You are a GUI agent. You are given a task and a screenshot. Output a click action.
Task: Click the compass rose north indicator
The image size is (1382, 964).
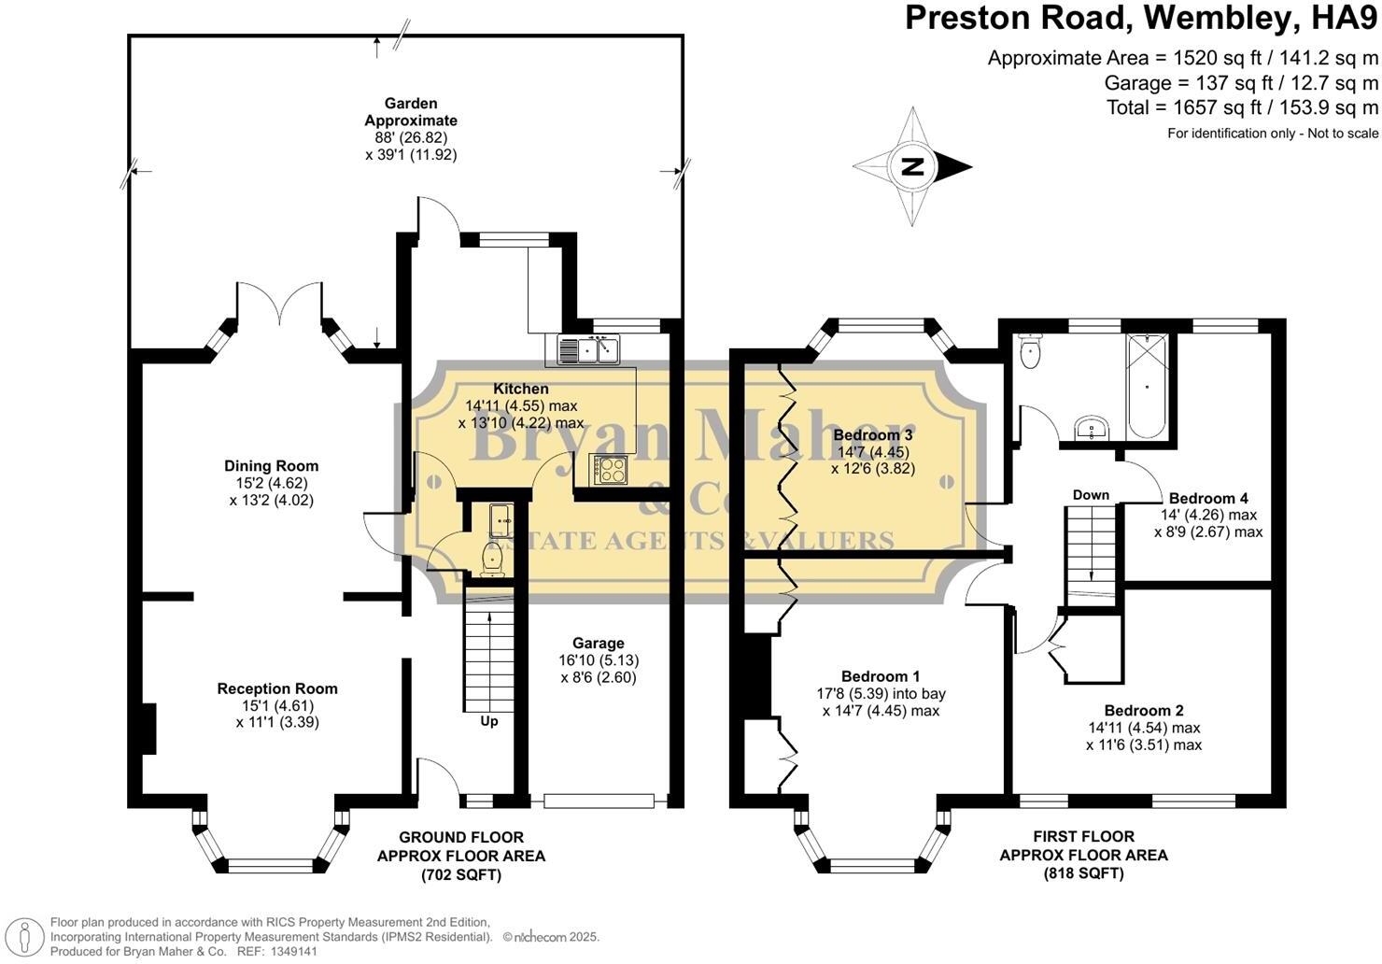(912, 167)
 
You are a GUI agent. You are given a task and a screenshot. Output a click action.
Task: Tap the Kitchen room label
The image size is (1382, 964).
(521, 389)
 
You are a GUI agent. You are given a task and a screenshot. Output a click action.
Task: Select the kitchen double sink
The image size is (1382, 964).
(589, 350)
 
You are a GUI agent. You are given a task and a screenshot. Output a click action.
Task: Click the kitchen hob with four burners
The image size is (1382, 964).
(609, 470)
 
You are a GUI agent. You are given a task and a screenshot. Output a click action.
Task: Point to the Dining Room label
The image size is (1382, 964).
(271, 466)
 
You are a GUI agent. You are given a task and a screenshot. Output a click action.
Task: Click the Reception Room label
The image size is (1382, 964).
(277, 688)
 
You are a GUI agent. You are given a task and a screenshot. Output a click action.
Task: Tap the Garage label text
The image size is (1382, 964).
(598, 643)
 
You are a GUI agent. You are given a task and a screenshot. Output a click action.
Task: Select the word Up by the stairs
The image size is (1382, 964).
(489, 721)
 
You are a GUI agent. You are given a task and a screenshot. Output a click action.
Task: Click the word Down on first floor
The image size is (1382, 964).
(1091, 495)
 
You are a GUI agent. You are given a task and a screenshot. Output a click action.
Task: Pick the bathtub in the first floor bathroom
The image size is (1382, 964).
(1147, 385)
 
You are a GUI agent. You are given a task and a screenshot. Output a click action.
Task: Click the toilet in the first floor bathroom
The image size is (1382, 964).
(1031, 352)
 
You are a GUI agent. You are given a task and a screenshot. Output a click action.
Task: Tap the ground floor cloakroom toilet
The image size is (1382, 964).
(491, 558)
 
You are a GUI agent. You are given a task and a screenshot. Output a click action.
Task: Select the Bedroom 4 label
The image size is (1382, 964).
(1208, 498)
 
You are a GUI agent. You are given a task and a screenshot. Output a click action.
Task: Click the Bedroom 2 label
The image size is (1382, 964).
(1144, 711)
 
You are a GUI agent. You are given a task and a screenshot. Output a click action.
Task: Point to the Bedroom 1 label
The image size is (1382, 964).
(881, 676)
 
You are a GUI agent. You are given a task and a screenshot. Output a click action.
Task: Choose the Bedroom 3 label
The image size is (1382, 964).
(873, 434)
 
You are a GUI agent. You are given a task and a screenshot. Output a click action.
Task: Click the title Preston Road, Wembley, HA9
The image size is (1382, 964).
(1141, 18)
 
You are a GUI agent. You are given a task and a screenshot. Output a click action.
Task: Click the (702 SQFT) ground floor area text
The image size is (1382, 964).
(460, 874)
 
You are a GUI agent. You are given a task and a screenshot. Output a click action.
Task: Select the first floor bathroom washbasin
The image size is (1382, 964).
(1090, 429)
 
